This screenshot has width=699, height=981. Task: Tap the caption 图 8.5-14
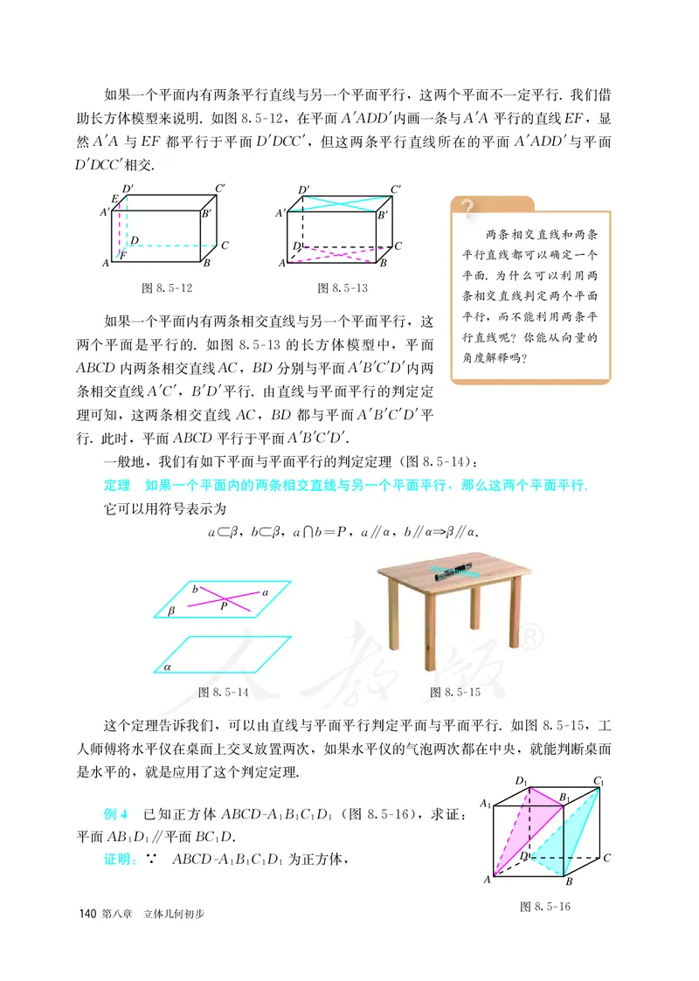point(225,692)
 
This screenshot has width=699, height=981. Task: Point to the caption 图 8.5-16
point(544,907)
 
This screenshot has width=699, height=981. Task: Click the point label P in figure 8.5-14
point(224,604)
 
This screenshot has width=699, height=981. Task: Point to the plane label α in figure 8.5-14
point(166,667)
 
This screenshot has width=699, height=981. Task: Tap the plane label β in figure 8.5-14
point(171,612)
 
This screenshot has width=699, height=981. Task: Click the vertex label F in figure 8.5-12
point(124,254)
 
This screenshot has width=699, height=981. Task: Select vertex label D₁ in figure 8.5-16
point(522,780)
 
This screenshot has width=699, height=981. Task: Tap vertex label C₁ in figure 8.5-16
point(599,780)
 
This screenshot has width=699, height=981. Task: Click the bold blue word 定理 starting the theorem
point(116,486)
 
